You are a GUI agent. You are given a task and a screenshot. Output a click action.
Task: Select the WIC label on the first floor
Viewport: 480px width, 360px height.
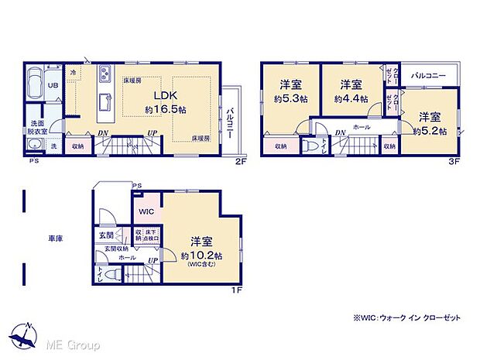[146, 211]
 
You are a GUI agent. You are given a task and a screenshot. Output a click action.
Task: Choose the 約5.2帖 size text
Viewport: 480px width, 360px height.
[428, 132]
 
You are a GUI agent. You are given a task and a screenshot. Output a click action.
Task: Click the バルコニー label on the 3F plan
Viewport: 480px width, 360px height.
[427, 76]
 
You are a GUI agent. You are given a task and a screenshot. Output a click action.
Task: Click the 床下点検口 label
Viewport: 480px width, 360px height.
[152, 235]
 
